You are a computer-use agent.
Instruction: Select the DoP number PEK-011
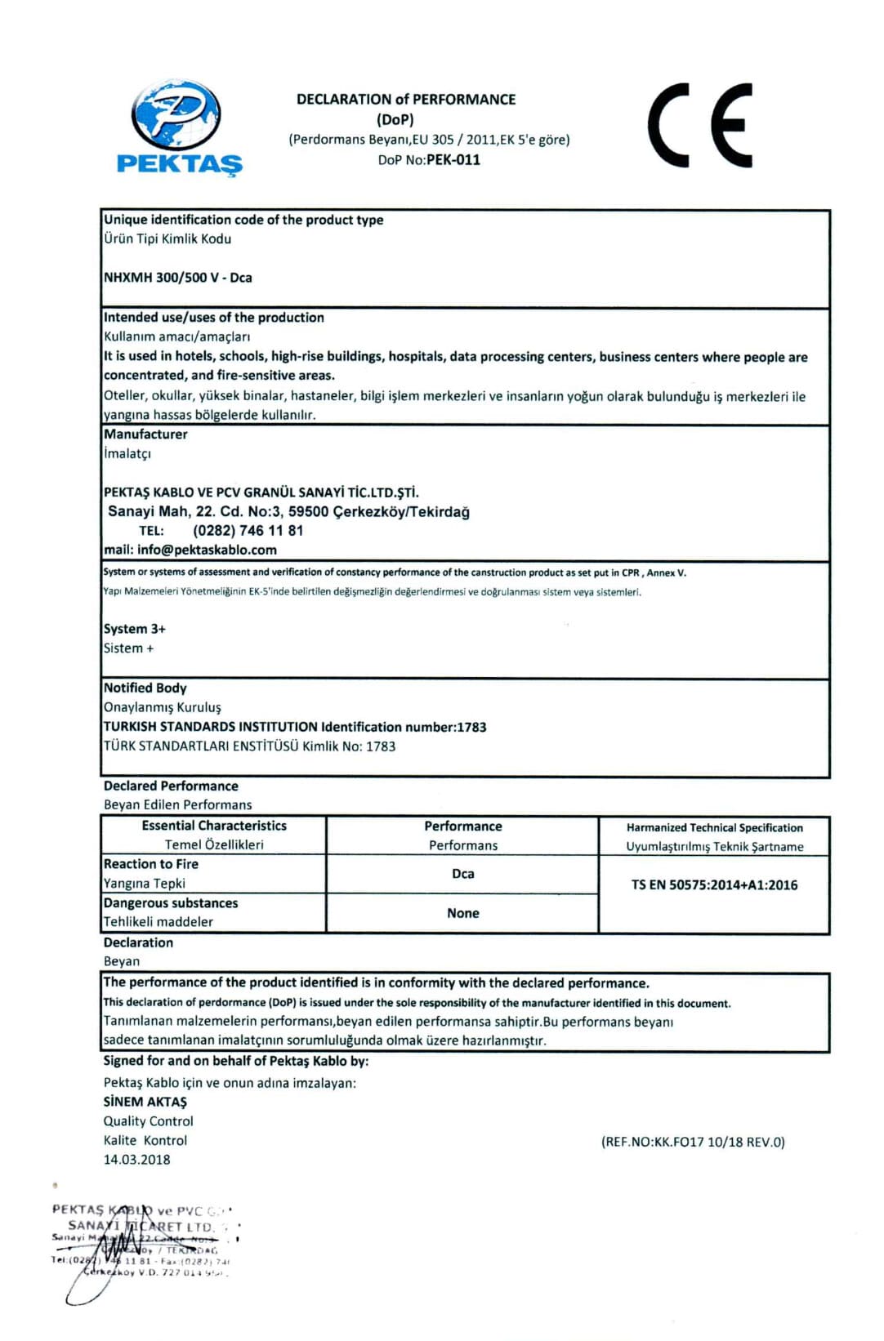pos(453,160)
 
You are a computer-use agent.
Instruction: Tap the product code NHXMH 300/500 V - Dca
pos(178,278)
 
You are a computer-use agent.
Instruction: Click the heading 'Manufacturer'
pos(145,434)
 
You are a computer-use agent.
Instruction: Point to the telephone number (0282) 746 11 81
pos(248,531)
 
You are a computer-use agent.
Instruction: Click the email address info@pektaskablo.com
pos(207,550)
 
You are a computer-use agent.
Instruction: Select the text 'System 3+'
pos(135,629)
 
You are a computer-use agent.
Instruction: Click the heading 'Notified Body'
pos(145,688)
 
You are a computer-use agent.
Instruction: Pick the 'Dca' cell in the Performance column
pos(463,874)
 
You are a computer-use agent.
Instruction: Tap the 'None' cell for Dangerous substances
pos(463,913)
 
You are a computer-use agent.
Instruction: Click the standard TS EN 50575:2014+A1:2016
pos(714,885)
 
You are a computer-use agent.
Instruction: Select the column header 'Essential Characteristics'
pos(214,826)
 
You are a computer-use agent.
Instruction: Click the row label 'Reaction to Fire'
pos(151,864)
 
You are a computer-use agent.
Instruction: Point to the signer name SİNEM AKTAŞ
pos(145,1102)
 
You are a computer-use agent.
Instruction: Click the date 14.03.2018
pos(137,1160)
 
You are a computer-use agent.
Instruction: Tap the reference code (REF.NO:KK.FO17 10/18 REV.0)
pos(693,1142)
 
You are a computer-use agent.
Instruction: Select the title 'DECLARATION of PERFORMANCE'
pos(406,100)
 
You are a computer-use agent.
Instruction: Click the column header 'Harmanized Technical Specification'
pos(715,828)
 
